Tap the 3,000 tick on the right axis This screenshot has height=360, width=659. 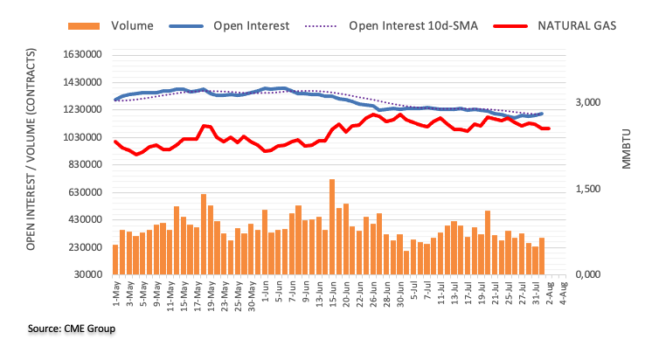pos(586,103)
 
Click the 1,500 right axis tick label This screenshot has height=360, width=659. pos(586,189)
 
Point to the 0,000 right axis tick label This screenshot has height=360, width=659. pos(586,274)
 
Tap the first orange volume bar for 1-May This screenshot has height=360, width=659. pos(115,260)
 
